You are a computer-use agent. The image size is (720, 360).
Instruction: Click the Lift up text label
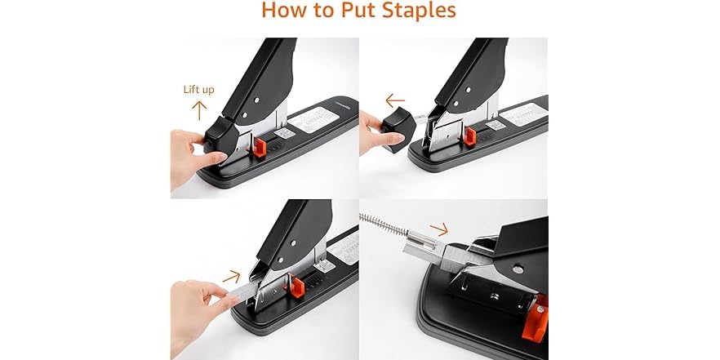198,90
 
